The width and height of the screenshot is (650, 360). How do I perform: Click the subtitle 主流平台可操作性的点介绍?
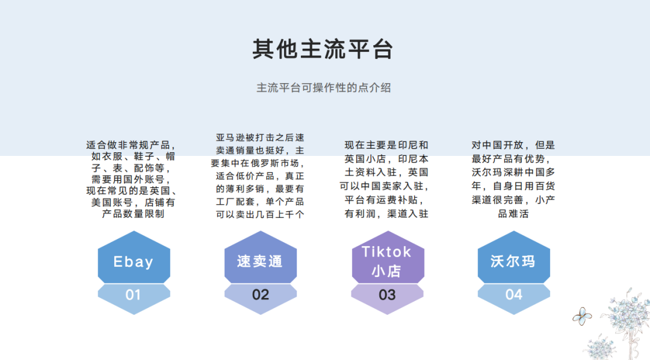[x=324, y=88]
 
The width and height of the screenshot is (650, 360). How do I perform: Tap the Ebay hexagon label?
[x=134, y=262]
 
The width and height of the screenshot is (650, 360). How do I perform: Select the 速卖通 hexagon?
[x=260, y=262]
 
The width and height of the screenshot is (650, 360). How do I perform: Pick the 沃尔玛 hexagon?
[x=513, y=262]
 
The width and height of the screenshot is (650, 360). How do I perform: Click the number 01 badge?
[x=134, y=295]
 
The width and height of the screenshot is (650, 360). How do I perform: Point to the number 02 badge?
[x=260, y=295]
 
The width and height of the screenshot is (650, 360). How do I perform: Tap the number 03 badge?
[x=387, y=295]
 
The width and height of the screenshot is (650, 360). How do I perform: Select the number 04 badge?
[x=513, y=295]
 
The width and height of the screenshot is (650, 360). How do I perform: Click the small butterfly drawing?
[x=581, y=314]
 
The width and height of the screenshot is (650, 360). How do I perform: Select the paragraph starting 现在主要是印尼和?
[x=386, y=179]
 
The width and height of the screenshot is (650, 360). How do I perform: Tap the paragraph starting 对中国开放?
[x=513, y=179]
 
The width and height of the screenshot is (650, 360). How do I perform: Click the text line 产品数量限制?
[x=133, y=214]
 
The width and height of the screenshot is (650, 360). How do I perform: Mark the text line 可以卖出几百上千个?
[x=260, y=214]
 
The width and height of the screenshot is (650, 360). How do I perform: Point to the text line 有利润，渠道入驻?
[x=386, y=214]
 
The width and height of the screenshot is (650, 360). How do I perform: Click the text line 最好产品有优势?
[x=513, y=159]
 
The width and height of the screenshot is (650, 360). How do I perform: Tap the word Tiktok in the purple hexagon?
[x=386, y=251]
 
